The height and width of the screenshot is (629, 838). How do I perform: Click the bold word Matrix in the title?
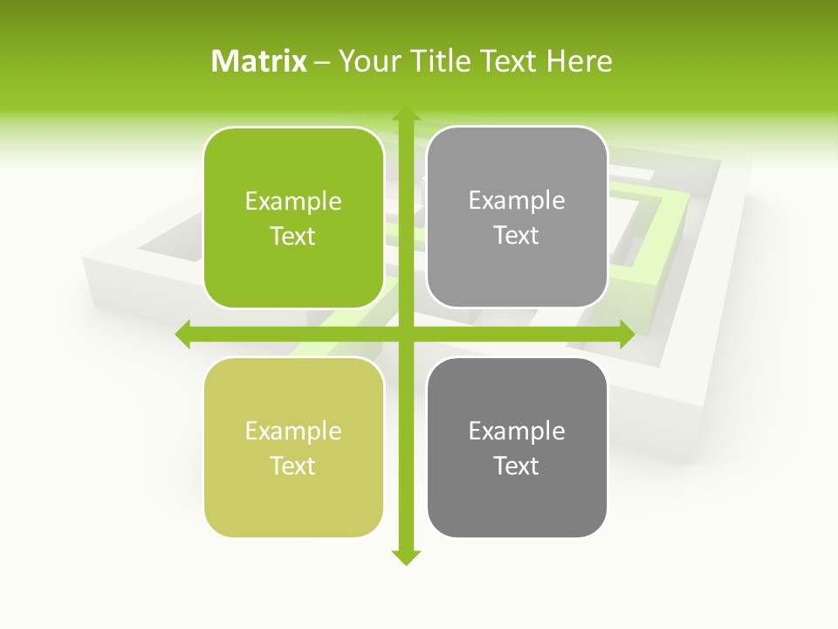(259, 61)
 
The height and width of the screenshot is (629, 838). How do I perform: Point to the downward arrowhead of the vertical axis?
(404, 556)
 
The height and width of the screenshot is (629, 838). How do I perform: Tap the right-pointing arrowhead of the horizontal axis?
(626, 334)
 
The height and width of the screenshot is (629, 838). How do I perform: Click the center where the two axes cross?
(404, 334)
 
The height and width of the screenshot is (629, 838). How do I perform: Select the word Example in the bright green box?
(293, 202)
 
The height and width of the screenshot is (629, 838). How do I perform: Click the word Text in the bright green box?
(293, 236)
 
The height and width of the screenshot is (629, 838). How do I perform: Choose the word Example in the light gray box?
(517, 201)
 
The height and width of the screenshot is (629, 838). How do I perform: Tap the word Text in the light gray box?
(517, 235)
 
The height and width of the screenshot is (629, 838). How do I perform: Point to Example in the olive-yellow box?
(293, 432)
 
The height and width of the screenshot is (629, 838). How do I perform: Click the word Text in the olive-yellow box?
(293, 466)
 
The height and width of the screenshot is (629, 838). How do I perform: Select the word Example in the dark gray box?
(517, 432)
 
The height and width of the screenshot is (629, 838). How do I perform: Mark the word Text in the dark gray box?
(517, 466)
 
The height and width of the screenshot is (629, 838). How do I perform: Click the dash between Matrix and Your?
(322, 62)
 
